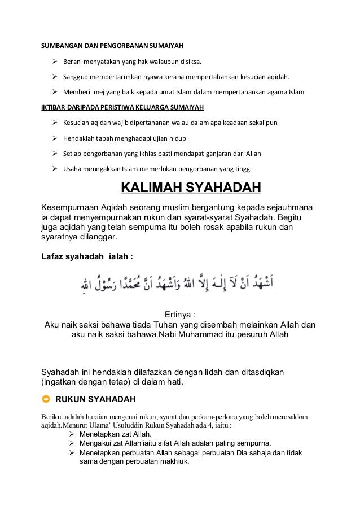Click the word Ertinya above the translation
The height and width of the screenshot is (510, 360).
(x=179, y=315)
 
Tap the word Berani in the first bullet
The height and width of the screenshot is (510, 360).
(x=73, y=61)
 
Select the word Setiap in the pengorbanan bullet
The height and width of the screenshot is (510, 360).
(x=72, y=154)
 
